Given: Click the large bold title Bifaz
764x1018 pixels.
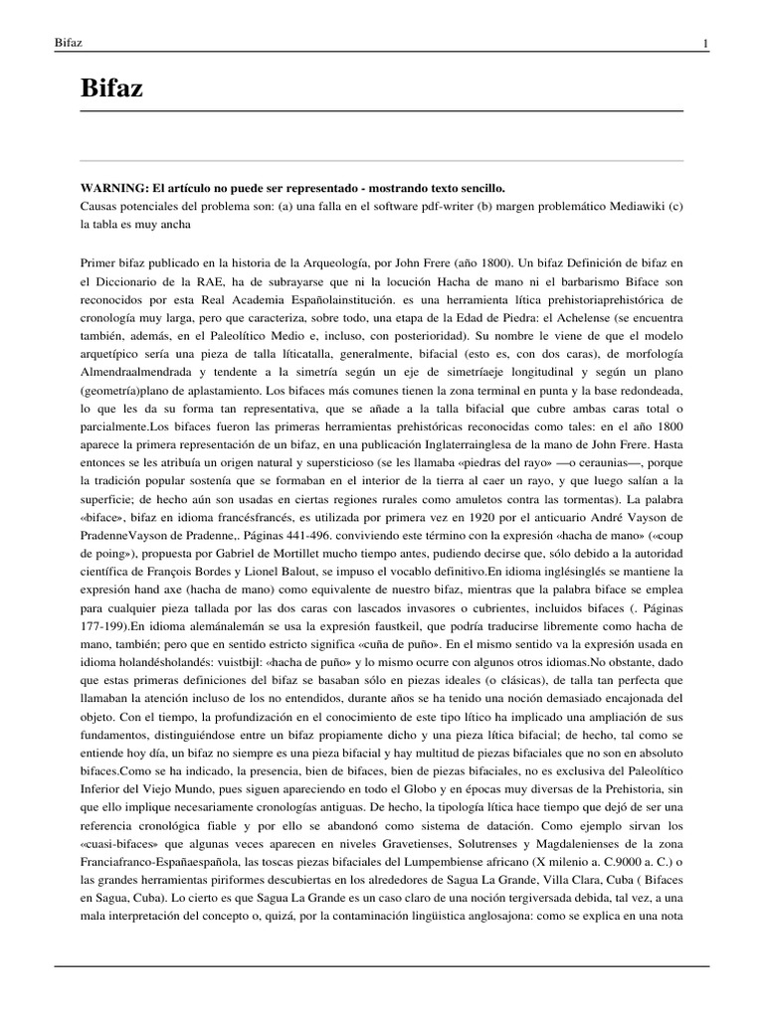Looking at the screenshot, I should coord(111,89).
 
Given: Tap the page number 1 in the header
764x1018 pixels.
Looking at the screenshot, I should coord(704,44).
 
